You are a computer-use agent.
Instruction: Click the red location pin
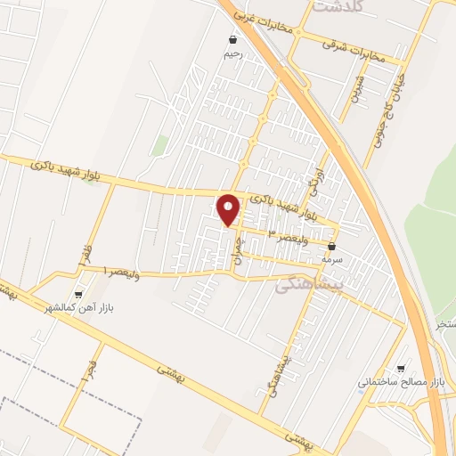230,210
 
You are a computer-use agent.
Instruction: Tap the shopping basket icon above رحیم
232,40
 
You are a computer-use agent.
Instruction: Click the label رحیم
232,53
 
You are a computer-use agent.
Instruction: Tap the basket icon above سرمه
333,247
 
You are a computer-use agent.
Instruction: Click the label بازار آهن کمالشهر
84,307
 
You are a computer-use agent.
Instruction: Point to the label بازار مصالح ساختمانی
401,382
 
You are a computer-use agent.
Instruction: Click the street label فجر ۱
88,367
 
